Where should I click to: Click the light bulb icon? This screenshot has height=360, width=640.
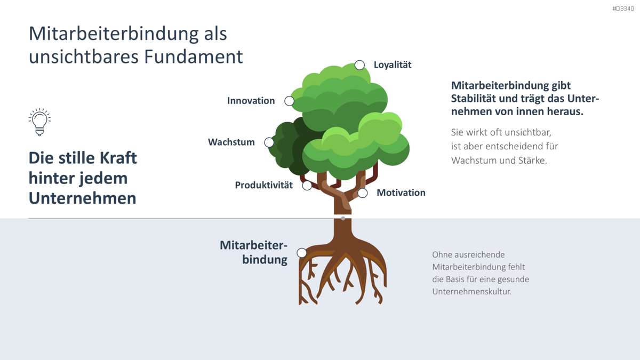[x=39, y=122]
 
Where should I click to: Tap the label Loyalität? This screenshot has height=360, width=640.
[x=393, y=65]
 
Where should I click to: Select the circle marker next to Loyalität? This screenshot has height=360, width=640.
[x=359, y=65]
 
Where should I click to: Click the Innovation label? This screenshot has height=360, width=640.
[x=251, y=101]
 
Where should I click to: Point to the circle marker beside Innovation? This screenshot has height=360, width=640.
[x=289, y=101]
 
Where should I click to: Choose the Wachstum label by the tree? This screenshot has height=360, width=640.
[x=231, y=142]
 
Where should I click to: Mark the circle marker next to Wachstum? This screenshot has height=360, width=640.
[x=269, y=142]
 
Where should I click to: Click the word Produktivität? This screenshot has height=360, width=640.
[x=263, y=185]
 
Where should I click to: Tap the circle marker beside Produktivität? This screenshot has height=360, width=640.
[x=307, y=186]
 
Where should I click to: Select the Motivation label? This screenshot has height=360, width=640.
[x=401, y=193]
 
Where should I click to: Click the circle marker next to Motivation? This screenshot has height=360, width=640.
[x=362, y=193]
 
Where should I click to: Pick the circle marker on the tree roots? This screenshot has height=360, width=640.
[x=302, y=253]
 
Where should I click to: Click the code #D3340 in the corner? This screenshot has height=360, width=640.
[x=623, y=9]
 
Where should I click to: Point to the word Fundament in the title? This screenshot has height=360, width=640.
[x=193, y=57]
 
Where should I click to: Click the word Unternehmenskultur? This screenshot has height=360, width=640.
[x=471, y=291]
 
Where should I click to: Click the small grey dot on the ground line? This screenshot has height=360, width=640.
[x=343, y=218]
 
